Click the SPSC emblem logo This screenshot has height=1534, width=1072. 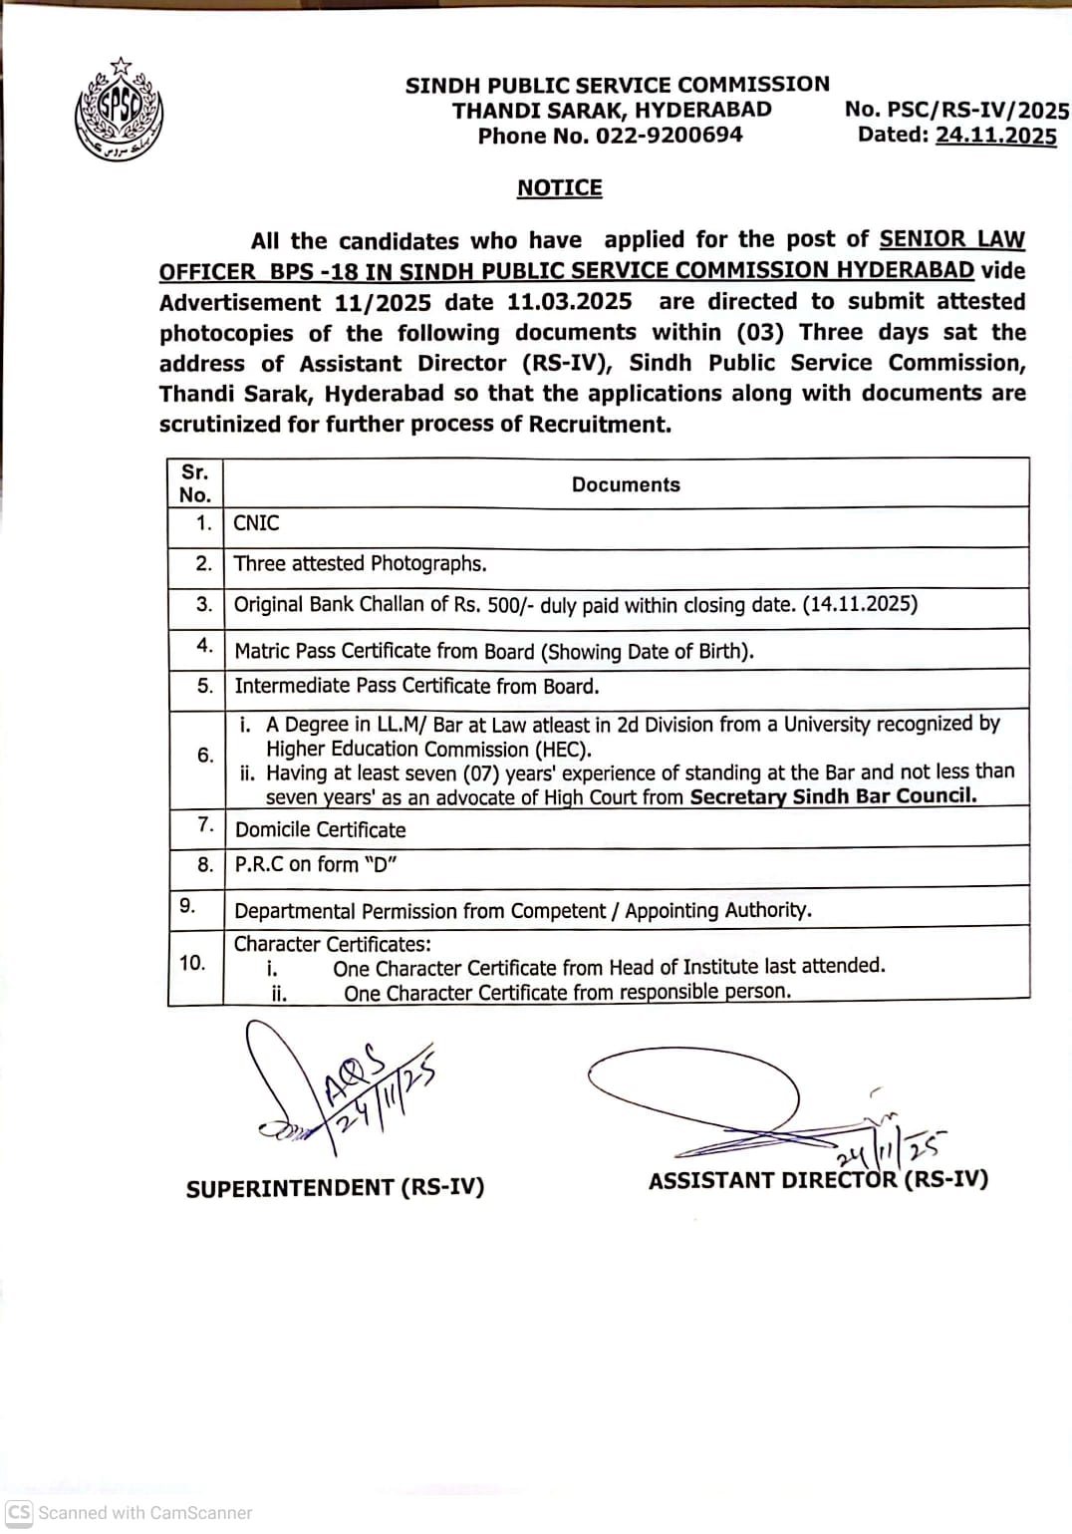pos(120,110)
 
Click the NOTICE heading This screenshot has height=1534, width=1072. pos(559,188)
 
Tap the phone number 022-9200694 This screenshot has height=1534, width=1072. pos(669,136)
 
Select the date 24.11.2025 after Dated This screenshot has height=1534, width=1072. pos(995,135)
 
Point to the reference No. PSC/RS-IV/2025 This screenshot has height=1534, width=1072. pos(956,110)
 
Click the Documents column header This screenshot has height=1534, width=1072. pos(626,484)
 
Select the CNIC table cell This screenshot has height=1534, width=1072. pos(256,523)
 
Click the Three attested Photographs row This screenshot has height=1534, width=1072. pos(360,564)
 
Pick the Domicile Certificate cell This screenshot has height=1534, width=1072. pos(320,829)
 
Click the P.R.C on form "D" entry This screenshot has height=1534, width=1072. pos(315,864)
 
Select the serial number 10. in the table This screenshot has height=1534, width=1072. pos(192,963)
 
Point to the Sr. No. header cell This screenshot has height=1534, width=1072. pos(195,483)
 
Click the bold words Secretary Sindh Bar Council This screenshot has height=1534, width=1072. pos(833,795)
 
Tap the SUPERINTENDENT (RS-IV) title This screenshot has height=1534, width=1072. pos(335,1187)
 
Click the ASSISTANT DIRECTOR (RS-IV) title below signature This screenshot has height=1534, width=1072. pos(818,1180)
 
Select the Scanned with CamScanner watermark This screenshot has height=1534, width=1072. pos(130,1512)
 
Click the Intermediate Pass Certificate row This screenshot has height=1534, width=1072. pos(416,686)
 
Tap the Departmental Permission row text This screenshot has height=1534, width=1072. pos(522,910)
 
